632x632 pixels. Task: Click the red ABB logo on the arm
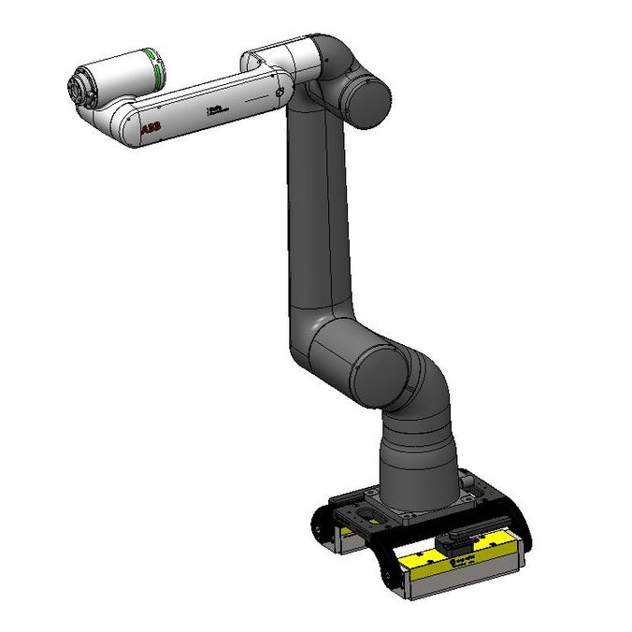[x=150, y=130]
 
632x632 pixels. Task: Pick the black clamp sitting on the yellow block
[x=464, y=539]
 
